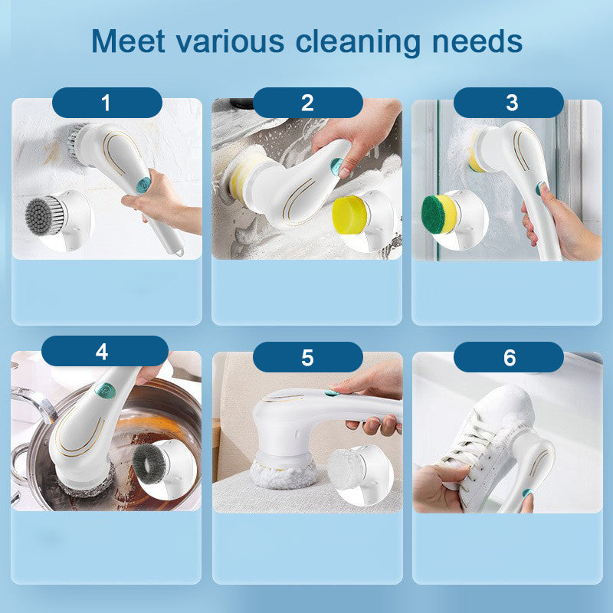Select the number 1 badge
tap(107, 102)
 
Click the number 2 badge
tap(307, 102)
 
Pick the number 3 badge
tap(509, 102)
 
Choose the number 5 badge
tap(307, 357)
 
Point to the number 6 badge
tap(509, 357)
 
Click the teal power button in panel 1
tap(143, 184)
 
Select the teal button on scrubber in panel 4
tap(98, 388)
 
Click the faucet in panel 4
tap(31, 410)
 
